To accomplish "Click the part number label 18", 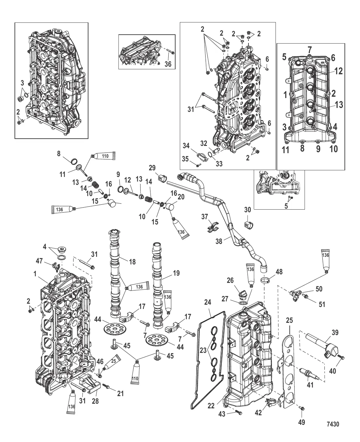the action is (132, 262).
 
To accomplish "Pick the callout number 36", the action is (168, 64).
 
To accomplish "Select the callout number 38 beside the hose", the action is (219, 241).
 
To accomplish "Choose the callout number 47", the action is (39, 261).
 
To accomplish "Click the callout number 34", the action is (186, 146).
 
